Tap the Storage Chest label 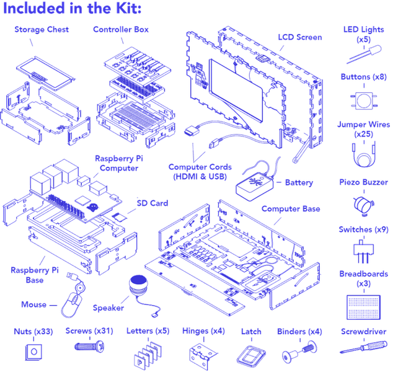click(x=42, y=29)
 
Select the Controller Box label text click(x=121, y=29)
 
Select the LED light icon click(x=363, y=55)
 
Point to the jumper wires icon click(x=363, y=153)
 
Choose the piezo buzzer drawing click(x=363, y=203)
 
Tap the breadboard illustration click(x=363, y=303)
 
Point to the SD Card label click(x=152, y=203)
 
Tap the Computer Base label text click(x=290, y=209)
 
